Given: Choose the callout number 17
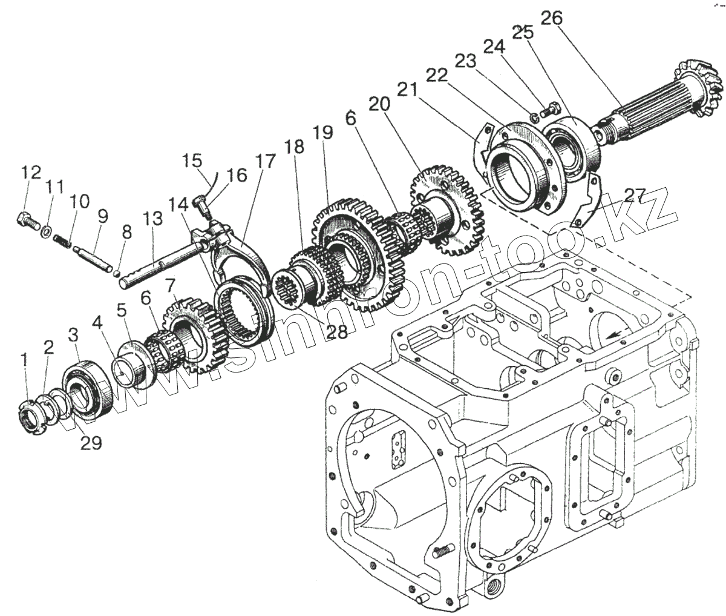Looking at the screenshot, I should point(264,162).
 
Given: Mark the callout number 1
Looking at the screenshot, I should point(24,362).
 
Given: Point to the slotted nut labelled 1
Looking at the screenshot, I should point(30,417).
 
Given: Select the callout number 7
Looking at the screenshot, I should point(170,285).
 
